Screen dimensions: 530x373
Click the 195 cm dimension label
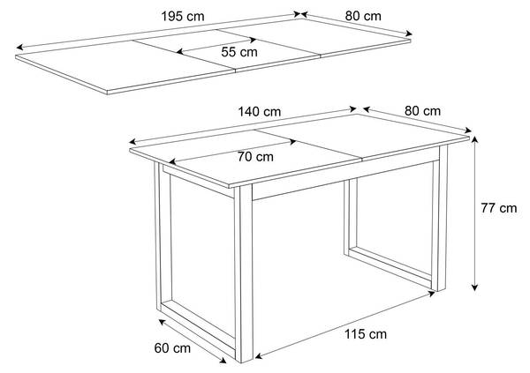point(183,16)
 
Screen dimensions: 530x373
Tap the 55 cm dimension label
point(239,52)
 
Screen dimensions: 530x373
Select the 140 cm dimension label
point(259,112)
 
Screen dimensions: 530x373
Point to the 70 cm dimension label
point(255,157)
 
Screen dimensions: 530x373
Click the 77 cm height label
point(499,208)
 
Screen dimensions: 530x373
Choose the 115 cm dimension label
point(366,334)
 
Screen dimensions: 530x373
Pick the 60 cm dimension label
point(172,348)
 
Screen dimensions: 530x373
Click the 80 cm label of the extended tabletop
point(363,16)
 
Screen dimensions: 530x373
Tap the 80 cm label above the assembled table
point(422,111)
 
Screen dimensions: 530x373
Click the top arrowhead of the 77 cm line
point(475,139)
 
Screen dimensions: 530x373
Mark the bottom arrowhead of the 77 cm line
point(475,287)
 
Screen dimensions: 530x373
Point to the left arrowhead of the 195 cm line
point(19,47)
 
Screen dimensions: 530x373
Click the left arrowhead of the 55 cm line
point(180,52)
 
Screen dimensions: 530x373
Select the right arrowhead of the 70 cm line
point(292,142)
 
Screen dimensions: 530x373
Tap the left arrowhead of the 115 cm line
point(259,355)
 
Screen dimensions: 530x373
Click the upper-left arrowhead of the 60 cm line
point(162,322)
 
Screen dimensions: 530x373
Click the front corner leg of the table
point(244,273)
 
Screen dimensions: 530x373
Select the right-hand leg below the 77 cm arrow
point(439,220)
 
